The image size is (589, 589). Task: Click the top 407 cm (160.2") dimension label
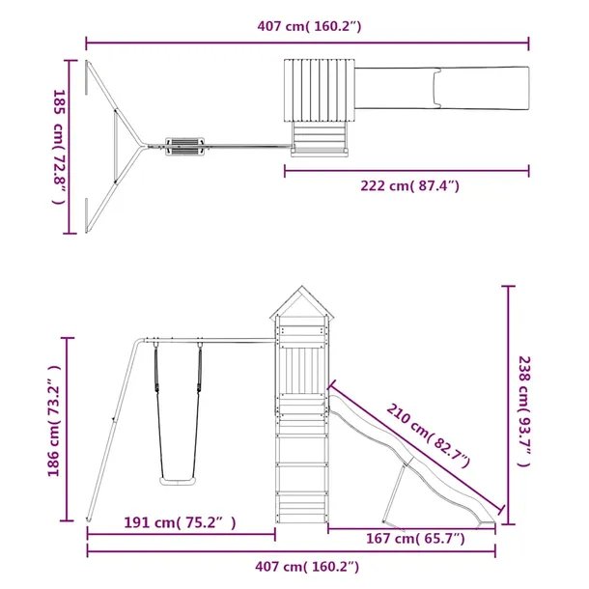coord(309,26)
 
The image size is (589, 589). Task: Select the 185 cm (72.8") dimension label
coord(59,147)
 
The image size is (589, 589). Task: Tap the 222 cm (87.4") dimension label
coord(409,185)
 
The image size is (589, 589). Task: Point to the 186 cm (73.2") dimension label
coord(54,421)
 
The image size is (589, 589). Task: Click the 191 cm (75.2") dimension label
coord(180,522)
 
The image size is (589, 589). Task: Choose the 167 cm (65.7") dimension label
coord(415,538)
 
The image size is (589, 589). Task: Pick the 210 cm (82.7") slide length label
coord(428,435)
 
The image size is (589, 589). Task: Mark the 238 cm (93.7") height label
coord(524,411)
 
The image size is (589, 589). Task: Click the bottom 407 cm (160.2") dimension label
coord(307,566)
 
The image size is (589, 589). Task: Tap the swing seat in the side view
coord(178,481)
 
